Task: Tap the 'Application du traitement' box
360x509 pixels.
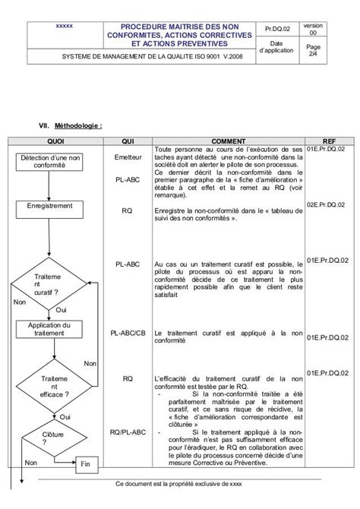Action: coord(55,330)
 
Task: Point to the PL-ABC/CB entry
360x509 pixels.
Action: coord(128,332)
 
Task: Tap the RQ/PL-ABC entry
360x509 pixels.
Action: coord(128,432)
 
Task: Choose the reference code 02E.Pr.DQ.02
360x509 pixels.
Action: coord(322,205)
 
